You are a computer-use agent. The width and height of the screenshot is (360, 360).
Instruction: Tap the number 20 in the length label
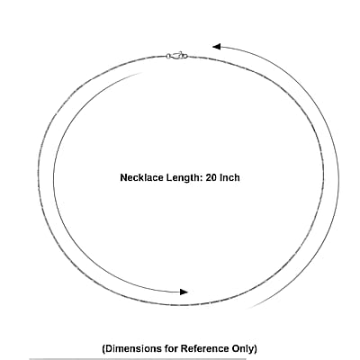[x=211, y=177]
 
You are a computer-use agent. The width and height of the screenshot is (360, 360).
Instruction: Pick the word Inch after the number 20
[x=230, y=177]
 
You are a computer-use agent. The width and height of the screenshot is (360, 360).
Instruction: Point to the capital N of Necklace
[x=123, y=177]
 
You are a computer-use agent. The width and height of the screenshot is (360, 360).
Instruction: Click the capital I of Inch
[x=221, y=177]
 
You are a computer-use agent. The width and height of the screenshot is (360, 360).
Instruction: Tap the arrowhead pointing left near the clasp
[x=217, y=47]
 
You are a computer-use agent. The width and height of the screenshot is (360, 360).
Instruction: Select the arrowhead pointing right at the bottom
[x=184, y=292]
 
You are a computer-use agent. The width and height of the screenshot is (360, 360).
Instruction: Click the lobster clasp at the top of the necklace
[x=179, y=56]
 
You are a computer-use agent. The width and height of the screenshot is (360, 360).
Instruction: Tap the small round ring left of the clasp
[x=168, y=56]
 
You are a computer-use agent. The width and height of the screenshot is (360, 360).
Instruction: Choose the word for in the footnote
[x=171, y=348]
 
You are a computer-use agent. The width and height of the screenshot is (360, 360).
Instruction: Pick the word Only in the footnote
[x=242, y=349]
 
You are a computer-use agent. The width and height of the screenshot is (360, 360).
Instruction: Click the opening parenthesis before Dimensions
[x=103, y=349]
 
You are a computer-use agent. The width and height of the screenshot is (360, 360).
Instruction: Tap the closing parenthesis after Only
[x=255, y=349]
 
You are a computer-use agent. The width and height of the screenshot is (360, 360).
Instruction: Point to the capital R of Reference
[x=184, y=348]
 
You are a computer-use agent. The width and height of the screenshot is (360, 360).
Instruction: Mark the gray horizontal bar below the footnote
[x=138, y=358]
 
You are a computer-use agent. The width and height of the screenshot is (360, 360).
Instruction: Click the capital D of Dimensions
[x=109, y=348]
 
